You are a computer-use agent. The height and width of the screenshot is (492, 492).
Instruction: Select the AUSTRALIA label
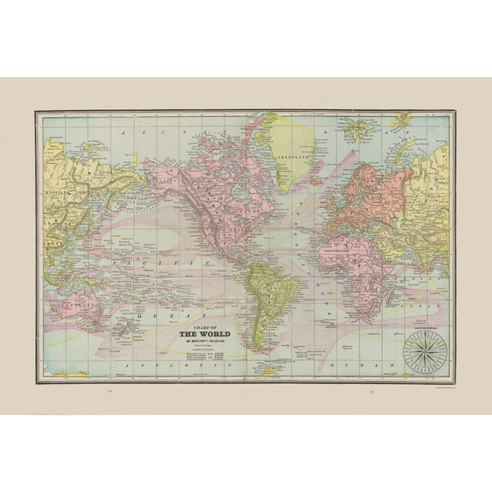point(73,302)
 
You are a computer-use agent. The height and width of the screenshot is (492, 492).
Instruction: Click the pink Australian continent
point(73,303)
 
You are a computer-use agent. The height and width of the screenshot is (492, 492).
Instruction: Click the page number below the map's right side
point(373,394)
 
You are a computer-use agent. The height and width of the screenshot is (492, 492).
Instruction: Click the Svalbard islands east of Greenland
point(357,128)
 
